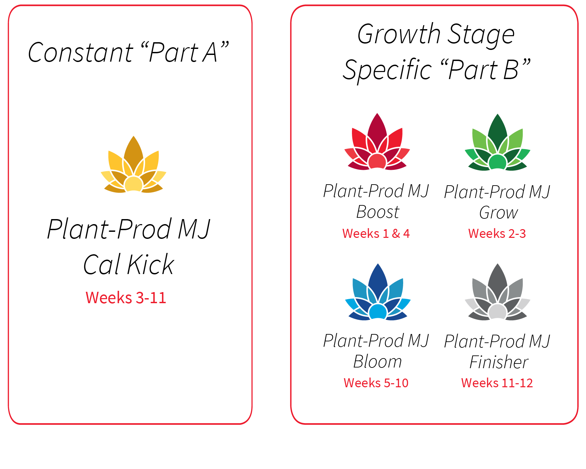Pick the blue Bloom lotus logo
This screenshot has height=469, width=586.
point(378,292)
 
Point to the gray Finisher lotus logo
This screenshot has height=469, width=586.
point(498,292)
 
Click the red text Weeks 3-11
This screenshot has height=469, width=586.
point(126,297)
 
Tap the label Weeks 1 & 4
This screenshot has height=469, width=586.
point(376,233)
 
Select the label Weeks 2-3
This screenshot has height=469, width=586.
point(497,233)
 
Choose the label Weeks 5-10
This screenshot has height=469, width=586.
point(376,383)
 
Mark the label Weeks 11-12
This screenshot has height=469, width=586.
point(497,383)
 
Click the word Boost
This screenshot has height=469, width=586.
point(378,212)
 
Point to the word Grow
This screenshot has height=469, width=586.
point(499,213)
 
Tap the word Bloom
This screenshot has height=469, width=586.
point(378,361)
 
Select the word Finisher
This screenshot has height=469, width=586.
point(499,362)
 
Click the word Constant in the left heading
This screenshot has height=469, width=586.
point(81,53)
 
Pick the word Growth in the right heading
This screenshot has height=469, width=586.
point(399,34)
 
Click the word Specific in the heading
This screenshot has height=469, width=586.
point(388,70)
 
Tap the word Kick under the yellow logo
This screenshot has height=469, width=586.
point(151,265)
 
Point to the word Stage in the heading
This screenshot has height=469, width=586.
point(481,35)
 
